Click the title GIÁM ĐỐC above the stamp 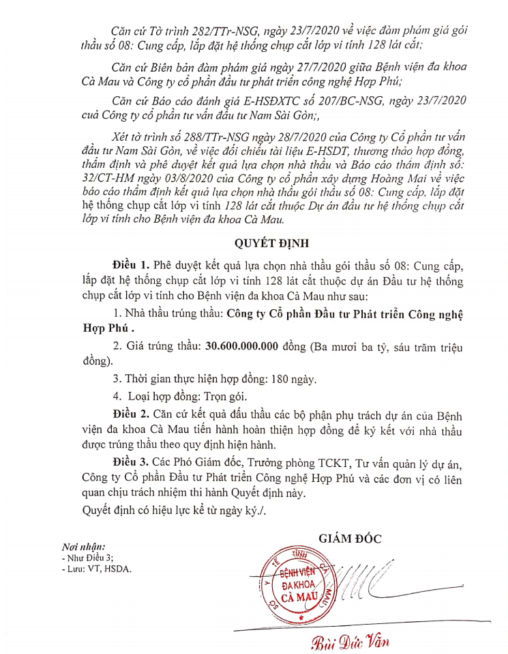(x=350, y=537)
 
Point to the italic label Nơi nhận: (x=83, y=547)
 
